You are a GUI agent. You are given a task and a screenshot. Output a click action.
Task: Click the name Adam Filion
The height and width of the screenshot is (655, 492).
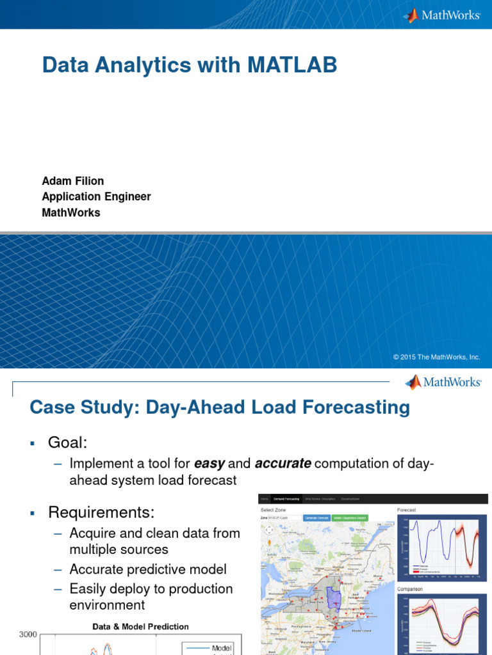(72, 181)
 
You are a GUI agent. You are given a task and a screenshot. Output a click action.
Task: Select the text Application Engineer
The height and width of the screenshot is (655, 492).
(96, 197)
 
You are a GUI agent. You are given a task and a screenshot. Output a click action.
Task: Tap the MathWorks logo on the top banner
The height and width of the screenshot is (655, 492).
(441, 15)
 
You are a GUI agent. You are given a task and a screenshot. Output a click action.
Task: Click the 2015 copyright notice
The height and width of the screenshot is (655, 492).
(436, 357)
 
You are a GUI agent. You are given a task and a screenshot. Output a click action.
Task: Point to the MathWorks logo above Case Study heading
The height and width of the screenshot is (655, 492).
(443, 382)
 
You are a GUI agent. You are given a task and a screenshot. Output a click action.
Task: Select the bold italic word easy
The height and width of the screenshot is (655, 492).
(209, 463)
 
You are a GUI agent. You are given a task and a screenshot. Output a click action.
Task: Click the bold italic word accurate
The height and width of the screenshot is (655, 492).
(283, 463)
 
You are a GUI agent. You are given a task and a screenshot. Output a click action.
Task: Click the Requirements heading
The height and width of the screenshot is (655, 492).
(101, 512)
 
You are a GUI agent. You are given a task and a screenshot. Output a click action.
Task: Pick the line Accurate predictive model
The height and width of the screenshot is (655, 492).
(148, 569)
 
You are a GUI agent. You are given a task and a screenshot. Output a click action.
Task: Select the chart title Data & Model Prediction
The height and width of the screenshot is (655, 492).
(140, 626)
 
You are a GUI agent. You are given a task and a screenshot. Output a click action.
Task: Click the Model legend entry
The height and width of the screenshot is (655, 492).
(221, 648)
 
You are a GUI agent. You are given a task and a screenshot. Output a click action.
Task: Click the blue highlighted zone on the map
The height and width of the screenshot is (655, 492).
(333, 599)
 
